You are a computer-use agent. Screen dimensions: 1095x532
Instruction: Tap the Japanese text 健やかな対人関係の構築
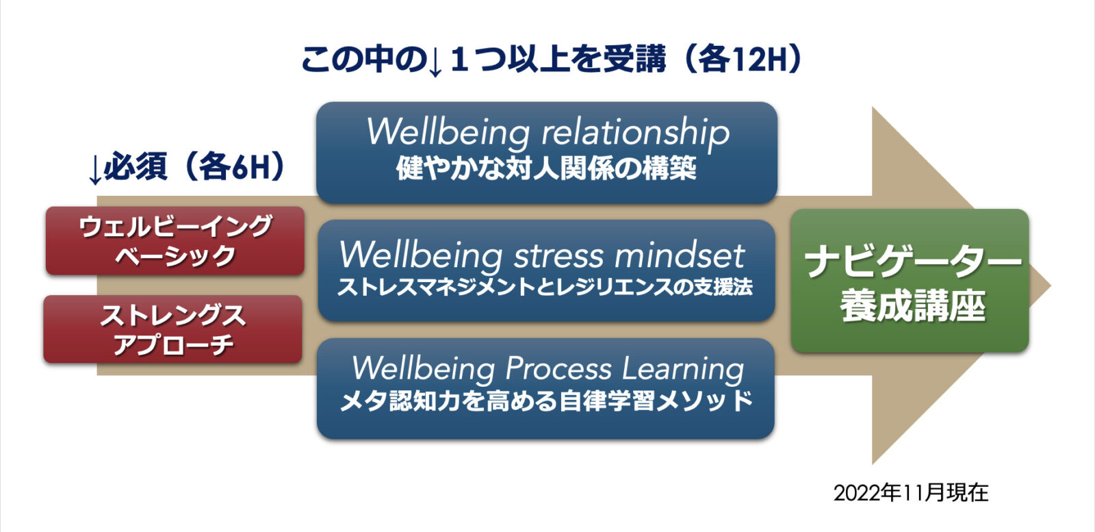[x=546, y=168]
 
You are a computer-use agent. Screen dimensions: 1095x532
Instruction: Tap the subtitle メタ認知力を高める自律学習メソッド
[x=546, y=402]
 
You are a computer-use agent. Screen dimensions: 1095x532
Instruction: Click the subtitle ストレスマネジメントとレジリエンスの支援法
[x=545, y=287]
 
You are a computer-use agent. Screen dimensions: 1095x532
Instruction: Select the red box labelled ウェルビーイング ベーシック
[x=175, y=240]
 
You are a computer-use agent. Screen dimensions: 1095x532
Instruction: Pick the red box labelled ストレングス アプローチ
[x=172, y=329]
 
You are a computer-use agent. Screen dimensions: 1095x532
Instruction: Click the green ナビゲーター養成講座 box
[x=910, y=281]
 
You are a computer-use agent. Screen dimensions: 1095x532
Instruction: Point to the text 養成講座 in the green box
[x=913, y=306]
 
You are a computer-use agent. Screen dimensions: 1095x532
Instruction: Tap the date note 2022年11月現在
[x=911, y=493]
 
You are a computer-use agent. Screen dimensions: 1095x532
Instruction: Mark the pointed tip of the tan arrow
[x=1051, y=286]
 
